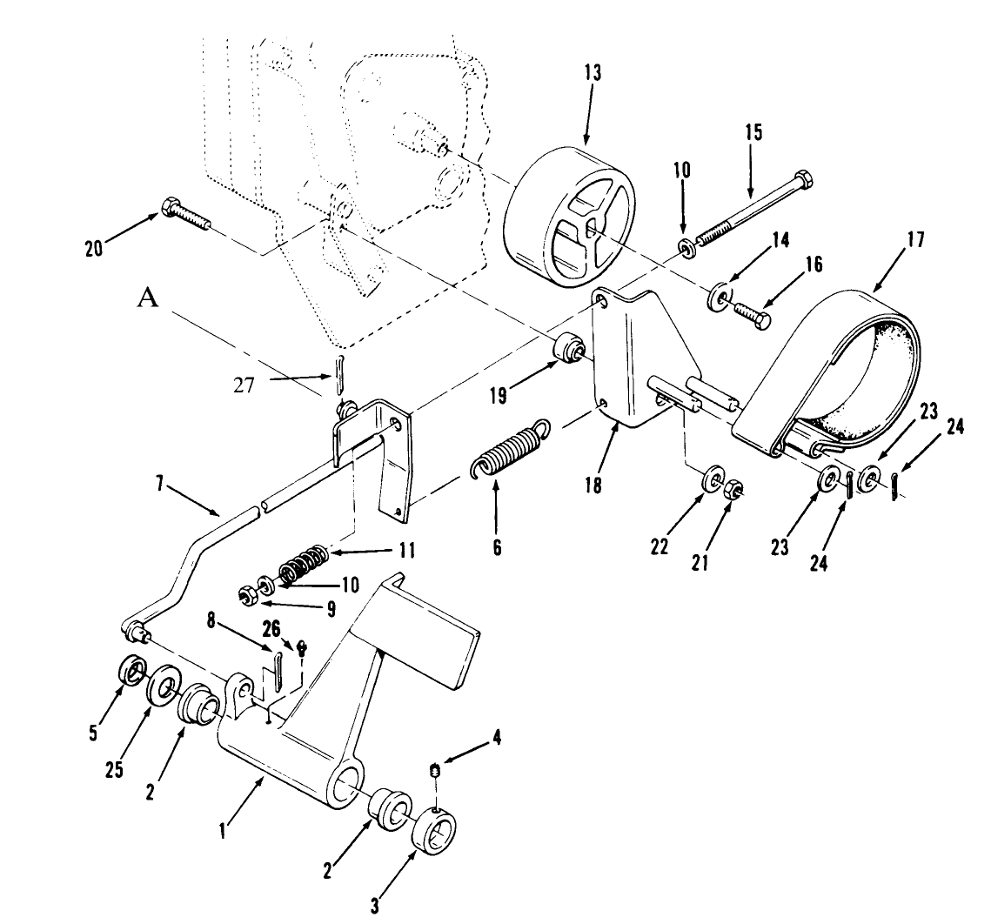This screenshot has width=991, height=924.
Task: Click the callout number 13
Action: click(x=593, y=73)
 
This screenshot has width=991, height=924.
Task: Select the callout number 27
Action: click(x=244, y=385)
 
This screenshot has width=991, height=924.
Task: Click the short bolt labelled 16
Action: click(x=753, y=315)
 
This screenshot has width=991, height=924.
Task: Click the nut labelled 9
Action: click(x=246, y=597)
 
